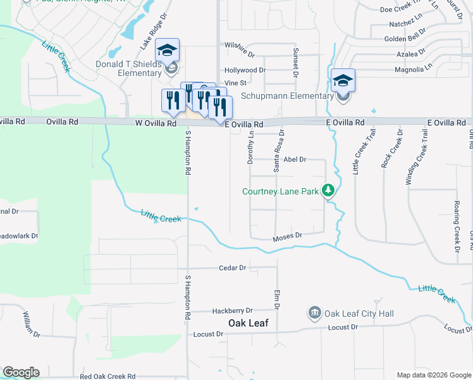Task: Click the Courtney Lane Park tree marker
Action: point(328,190)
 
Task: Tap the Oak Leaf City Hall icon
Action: point(314,313)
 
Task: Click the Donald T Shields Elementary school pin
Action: point(168,51)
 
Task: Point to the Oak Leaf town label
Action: point(249,323)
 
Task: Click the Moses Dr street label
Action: point(288,237)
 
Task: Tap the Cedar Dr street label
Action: point(232,268)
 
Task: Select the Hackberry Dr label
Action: point(232,310)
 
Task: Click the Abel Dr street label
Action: point(295,160)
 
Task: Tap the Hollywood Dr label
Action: point(245,70)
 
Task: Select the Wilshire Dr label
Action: point(239,46)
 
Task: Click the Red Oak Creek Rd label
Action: point(108,376)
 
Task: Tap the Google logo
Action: point(21,372)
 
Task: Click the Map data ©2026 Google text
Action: point(433,375)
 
